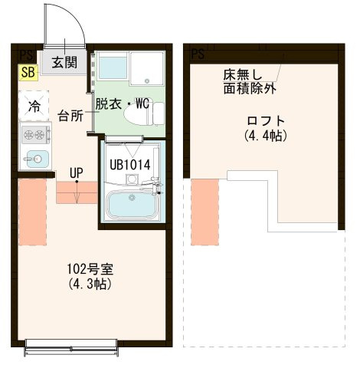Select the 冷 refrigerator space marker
click(x=34, y=105)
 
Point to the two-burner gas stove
click(x=34, y=136)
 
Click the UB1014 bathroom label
click(x=129, y=163)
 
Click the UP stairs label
click(x=77, y=172)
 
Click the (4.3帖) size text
click(x=91, y=284)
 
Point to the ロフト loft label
click(x=266, y=120)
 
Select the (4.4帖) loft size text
click(x=266, y=136)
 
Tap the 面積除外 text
click(x=250, y=88)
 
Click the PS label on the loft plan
click(x=198, y=54)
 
